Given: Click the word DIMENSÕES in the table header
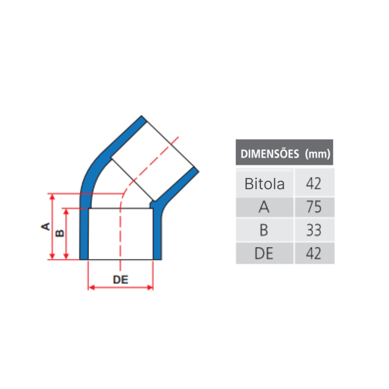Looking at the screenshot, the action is click(x=270, y=154).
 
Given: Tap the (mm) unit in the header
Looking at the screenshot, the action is click(x=318, y=154).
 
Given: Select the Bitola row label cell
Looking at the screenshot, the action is click(x=265, y=184).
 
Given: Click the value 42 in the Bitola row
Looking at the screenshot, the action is click(x=314, y=184).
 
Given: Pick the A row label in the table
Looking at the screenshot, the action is click(x=264, y=207).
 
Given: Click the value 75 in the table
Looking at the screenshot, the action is click(x=314, y=207).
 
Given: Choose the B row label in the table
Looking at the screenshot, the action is click(x=264, y=230).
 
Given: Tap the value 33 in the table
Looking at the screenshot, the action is click(x=314, y=230).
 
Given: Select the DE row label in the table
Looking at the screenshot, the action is click(x=264, y=253).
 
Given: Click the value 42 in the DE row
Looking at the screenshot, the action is click(x=314, y=253).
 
